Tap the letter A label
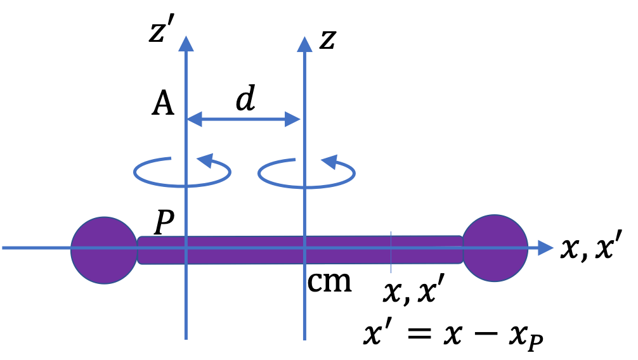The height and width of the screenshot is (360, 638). pos(162,105)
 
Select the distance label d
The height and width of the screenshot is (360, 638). pos(245,100)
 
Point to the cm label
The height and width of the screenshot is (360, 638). pos(329,282)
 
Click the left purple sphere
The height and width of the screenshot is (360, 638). pos(104,250)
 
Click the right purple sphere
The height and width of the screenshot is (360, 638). pos(495,248)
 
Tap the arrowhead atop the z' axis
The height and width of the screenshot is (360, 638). pos(185,43)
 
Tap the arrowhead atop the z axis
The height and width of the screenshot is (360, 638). pos(305,43)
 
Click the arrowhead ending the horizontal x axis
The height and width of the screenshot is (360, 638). pos(545,248)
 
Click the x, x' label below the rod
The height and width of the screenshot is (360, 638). pos(412,293)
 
